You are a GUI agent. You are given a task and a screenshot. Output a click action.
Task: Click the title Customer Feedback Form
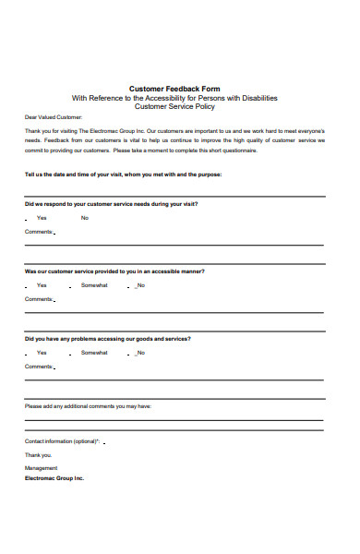[174, 88]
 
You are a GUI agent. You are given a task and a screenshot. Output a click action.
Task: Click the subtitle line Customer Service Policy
[174, 107]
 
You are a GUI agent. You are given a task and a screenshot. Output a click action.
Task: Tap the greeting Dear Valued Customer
[54, 118]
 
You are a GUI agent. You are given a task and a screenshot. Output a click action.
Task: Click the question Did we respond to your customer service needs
[111, 204]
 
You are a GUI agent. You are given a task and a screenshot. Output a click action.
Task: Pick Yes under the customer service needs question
[42, 218]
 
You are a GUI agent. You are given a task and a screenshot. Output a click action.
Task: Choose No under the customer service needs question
[85, 218]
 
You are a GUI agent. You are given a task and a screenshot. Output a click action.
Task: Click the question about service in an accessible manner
[114, 272]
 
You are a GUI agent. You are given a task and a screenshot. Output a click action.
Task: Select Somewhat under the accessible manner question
[94, 286]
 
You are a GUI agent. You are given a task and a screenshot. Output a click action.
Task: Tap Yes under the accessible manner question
[42, 286]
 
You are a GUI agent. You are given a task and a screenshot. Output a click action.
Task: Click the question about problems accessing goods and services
[107, 339]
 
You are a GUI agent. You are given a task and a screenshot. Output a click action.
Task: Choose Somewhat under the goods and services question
[94, 353]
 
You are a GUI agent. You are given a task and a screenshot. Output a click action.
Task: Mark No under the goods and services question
[140, 353]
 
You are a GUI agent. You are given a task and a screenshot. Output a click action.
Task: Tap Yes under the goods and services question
[42, 353]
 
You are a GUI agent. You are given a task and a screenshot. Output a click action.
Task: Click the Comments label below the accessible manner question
[39, 299]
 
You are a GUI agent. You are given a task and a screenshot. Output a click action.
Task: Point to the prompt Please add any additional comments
[88, 406]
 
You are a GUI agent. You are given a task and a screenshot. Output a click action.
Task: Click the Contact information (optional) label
[61, 441]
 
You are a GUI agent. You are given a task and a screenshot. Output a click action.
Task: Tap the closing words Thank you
[38, 455]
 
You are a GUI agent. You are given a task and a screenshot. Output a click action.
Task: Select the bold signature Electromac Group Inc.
[54, 478]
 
